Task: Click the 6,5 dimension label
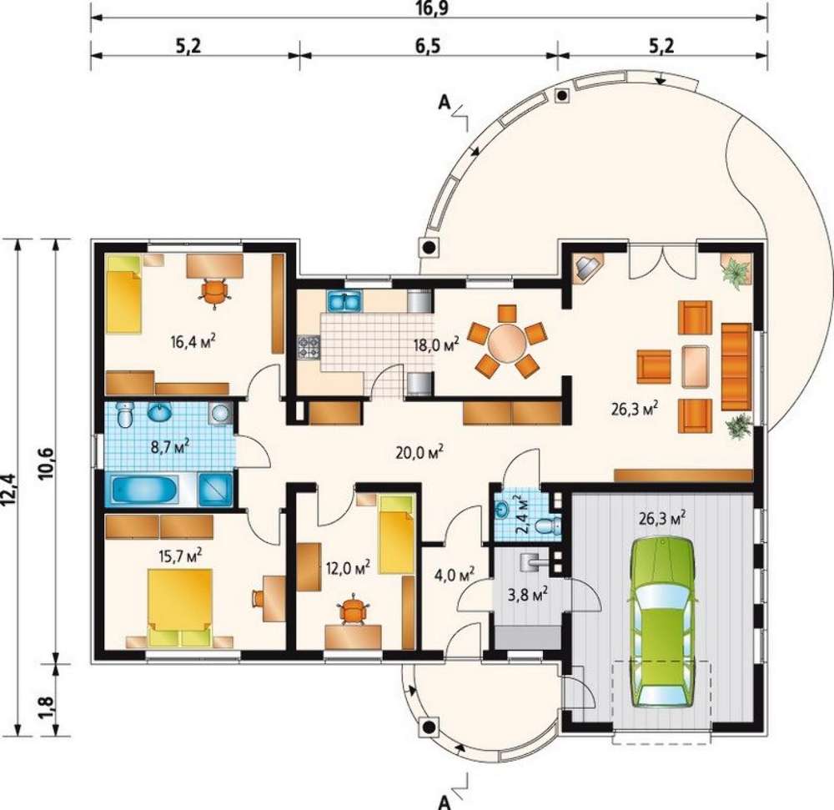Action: click(428, 46)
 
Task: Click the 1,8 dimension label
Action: click(46, 707)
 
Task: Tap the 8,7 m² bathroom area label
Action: click(169, 446)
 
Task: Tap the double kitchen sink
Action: click(346, 301)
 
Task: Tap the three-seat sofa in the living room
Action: click(736, 366)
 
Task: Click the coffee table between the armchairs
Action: click(696, 366)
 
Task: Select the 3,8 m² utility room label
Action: click(528, 595)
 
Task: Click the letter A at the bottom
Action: click(445, 802)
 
